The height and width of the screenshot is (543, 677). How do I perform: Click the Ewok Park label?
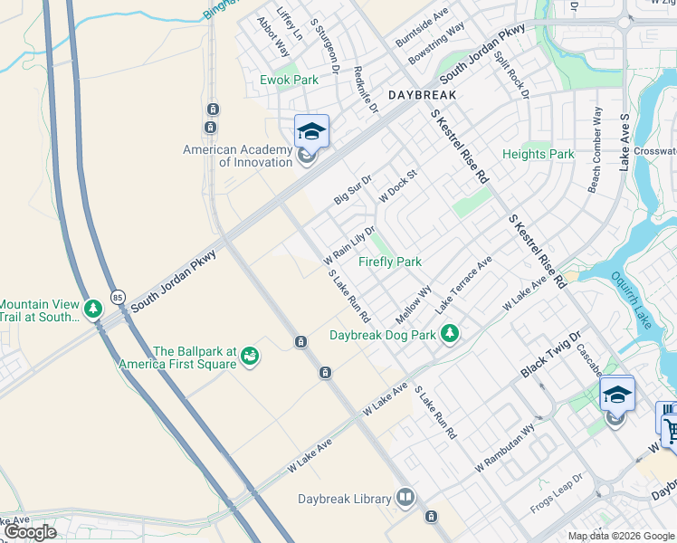[x=290, y=80]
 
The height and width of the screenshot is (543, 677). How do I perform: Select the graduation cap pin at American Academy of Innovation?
[x=310, y=132]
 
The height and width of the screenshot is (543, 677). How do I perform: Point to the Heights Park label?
[x=538, y=154]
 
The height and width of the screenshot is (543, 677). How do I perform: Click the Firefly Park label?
[x=389, y=262]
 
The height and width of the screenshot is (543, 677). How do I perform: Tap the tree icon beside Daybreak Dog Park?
[x=450, y=335]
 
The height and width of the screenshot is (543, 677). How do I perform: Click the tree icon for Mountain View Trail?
[x=92, y=310]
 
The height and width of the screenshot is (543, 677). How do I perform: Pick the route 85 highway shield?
[x=118, y=297]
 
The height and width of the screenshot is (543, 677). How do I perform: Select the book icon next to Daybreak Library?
[x=405, y=498]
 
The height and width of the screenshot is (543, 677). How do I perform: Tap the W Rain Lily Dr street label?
[x=349, y=244]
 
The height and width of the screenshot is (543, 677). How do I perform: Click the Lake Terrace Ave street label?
[x=463, y=284]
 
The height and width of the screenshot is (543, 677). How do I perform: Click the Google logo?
[x=30, y=532]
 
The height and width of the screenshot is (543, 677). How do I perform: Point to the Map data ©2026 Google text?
[x=621, y=536]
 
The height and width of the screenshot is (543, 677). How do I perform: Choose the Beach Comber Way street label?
[x=595, y=149]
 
